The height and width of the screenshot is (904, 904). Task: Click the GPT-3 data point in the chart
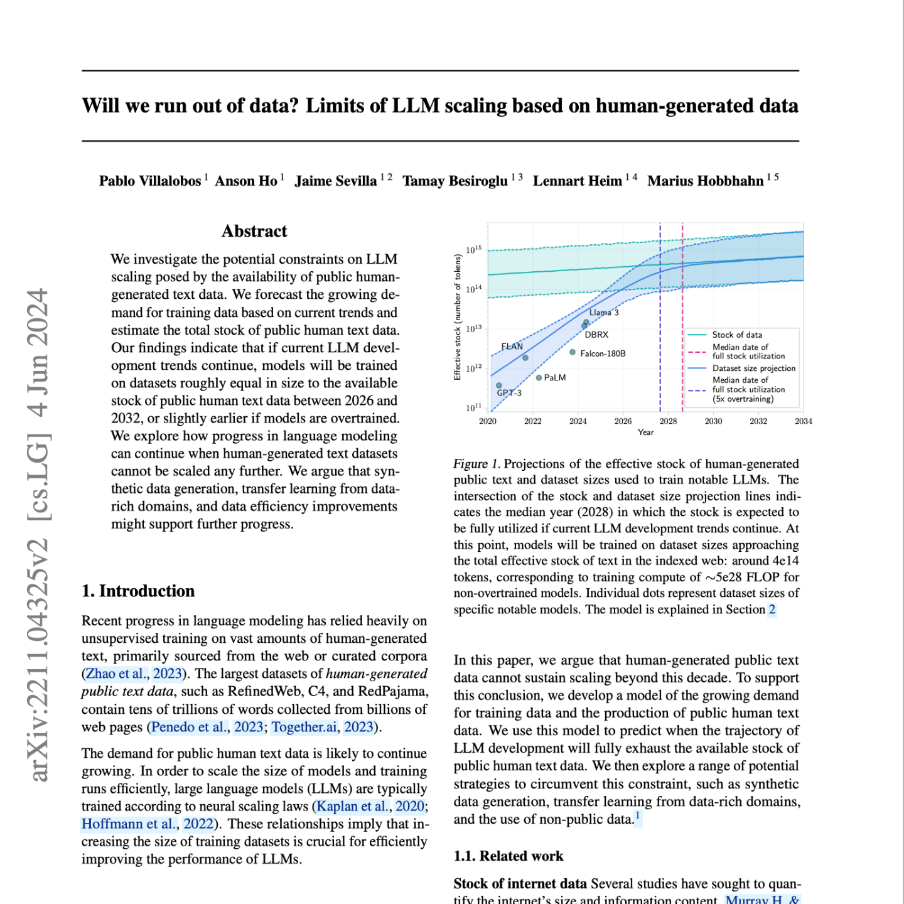pyautogui.click(x=499, y=385)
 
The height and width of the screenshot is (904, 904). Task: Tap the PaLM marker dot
pyautogui.click(x=539, y=378)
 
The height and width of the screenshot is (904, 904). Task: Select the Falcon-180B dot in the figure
pyautogui.click(x=573, y=352)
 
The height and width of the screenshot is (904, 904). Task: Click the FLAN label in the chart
pyautogui.click(x=512, y=347)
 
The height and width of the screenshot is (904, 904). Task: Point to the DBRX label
pyautogui.click(x=596, y=335)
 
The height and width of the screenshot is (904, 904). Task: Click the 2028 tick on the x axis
pyautogui.click(x=668, y=421)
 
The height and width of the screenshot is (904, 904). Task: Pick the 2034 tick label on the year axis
pyautogui.click(x=803, y=421)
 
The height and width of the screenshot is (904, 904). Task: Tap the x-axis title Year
pyautogui.click(x=645, y=433)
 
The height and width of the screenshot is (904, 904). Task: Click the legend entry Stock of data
pyautogui.click(x=737, y=335)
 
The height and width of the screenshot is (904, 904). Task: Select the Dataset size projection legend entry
pyautogui.click(x=753, y=369)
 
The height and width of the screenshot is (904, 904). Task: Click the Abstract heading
pyautogui.click(x=254, y=232)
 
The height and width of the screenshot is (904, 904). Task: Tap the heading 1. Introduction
pyautogui.click(x=138, y=591)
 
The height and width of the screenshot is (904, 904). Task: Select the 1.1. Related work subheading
pyautogui.click(x=508, y=856)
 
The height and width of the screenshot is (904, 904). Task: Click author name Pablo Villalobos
pyautogui.click(x=149, y=181)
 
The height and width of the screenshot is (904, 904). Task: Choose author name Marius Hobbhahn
pyautogui.click(x=705, y=181)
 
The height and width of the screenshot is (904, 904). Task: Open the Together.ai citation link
pyautogui.click(x=304, y=727)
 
